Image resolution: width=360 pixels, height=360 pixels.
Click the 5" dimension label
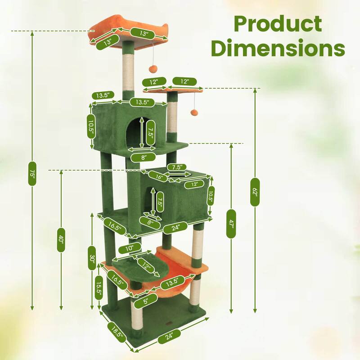click(x=145, y=301)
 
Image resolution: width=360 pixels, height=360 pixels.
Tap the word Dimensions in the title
click(x=278, y=48)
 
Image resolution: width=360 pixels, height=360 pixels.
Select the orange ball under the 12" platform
click(x=194, y=112)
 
